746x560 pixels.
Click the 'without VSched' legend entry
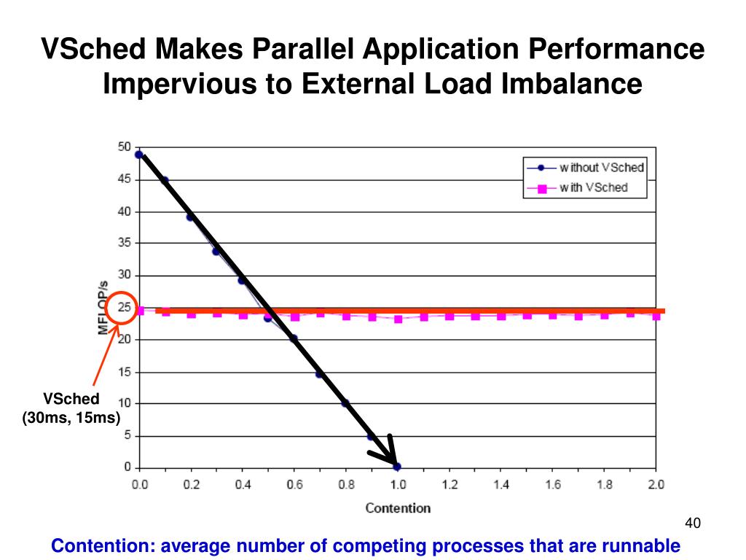pos(601,168)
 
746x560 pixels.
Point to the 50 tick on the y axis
pos(125,147)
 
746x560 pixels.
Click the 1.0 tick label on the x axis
pos(397,485)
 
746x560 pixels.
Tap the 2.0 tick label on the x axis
pos(656,485)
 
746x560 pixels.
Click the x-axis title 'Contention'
pos(398,507)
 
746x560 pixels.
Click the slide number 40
pos(692,524)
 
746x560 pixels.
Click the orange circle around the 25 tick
pos(121,308)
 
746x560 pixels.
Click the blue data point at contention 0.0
pos(139,155)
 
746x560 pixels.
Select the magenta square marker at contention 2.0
pos(656,316)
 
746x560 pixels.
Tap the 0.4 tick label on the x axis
pos(242,485)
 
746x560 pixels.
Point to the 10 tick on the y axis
pos(125,403)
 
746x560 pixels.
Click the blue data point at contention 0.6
pos(294,338)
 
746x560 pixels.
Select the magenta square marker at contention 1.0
pos(398,319)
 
